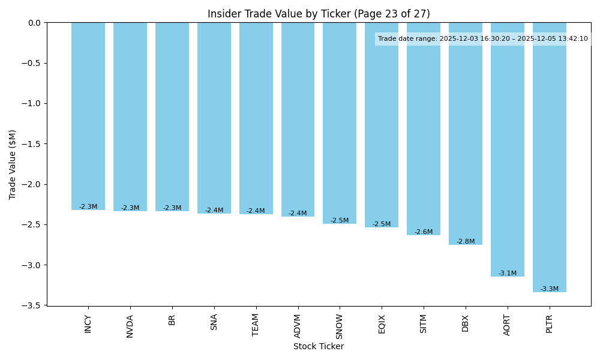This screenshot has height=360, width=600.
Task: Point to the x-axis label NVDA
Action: point(130,326)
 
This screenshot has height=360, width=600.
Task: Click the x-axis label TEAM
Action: point(256,325)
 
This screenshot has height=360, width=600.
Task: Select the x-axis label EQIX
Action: point(382,324)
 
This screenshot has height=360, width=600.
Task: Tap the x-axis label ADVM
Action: point(298,326)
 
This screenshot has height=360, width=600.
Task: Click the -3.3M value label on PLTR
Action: point(549,289)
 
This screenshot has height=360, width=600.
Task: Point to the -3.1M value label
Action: point(507,274)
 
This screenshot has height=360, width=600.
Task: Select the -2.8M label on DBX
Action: point(465,242)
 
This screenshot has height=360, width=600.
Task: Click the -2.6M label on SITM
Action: point(423,232)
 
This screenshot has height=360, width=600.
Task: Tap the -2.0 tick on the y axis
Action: point(31,184)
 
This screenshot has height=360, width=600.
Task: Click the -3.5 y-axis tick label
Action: point(31,305)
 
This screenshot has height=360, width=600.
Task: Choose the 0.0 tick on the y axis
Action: point(34,23)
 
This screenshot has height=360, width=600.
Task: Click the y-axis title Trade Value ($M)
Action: point(13,164)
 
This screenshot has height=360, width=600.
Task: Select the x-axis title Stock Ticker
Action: point(319,347)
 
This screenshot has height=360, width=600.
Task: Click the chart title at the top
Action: point(319,14)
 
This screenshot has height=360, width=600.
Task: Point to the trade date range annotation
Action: point(482,39)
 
